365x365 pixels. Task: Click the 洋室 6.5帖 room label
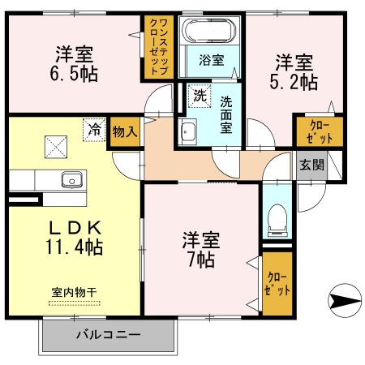(x=74, y=64)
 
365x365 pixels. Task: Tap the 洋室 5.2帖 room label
(x=294, y=71)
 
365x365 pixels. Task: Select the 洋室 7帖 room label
(x=198, y=250)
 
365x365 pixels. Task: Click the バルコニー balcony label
(x=108, y=333)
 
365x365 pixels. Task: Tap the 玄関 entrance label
(x=310, y=164)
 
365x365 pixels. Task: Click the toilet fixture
(x=275, y=217)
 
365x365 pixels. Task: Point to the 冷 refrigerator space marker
(x=95, y=128)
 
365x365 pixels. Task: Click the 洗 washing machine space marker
(x=199, y=96)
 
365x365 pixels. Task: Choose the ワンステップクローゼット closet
(x=157, y=49)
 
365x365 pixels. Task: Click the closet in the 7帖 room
(x=277, y=283)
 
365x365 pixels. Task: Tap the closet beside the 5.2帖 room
(x=317, y=131)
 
